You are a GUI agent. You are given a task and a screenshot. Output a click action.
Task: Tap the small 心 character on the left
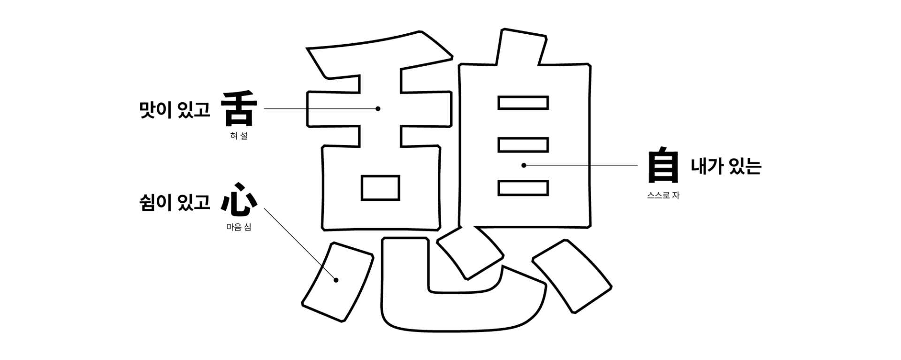(x=239, y=205)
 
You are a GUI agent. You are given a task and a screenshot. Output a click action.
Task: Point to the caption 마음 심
(x=239, y=228)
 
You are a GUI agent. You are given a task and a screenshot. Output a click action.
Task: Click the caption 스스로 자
(x=663, y=195)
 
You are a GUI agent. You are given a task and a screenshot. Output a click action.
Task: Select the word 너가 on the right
(x=706, y=166)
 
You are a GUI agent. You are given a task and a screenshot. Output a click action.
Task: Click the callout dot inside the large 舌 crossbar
(x=378, y=109)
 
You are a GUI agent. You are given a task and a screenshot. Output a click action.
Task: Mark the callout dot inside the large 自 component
(x=524, y=165)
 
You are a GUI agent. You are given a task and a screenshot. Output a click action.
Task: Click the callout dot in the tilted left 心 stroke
(x=336, y=280)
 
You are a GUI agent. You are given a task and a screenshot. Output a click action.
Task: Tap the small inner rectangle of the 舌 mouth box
(x=381, y=188)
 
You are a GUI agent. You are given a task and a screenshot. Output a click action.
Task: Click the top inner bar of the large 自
(x=523, y=103)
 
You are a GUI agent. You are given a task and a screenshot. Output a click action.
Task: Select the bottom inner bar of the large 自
(x=523, y=188)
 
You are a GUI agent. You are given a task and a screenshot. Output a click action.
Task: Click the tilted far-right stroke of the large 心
(x=573, y=276)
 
